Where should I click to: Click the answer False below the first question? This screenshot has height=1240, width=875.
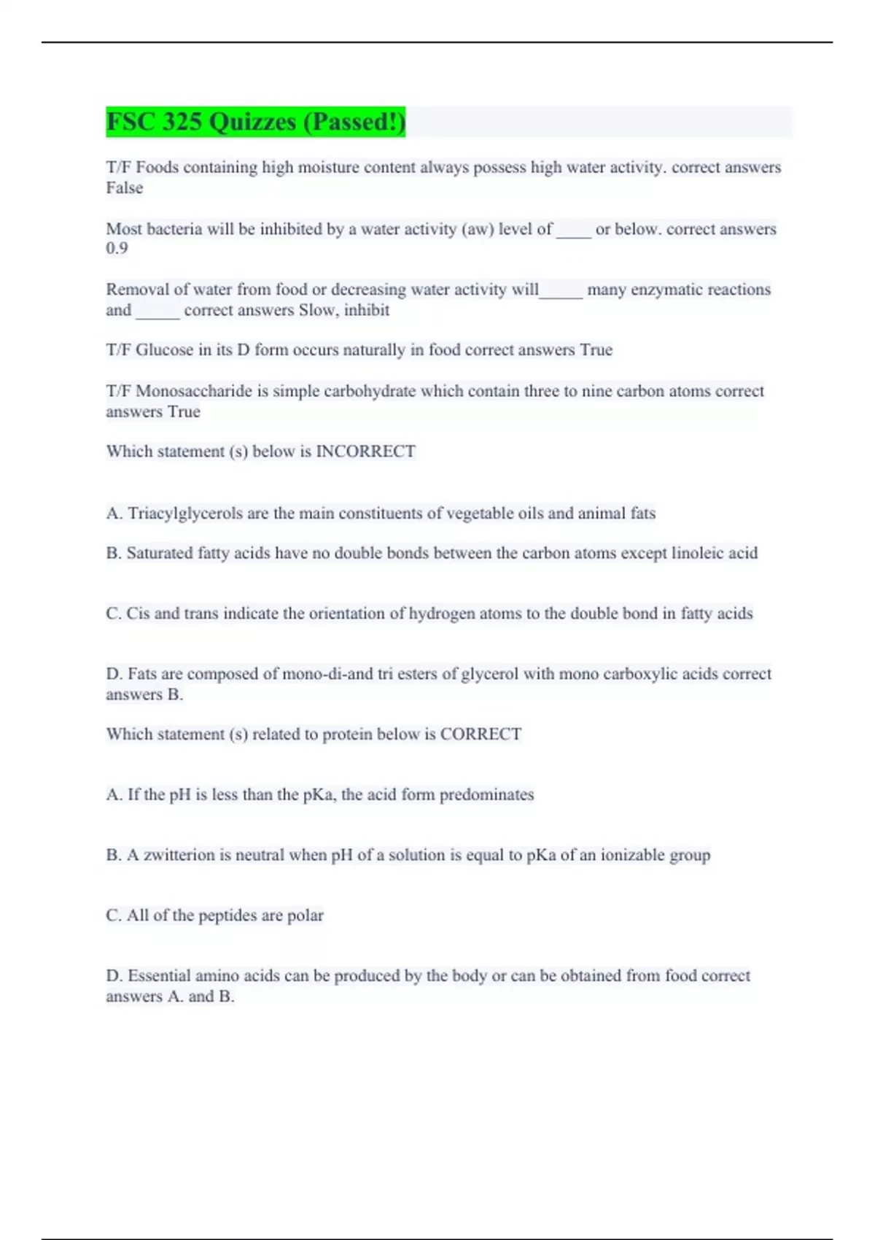(124, 188)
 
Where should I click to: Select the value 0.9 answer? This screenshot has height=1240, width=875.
(117, 248)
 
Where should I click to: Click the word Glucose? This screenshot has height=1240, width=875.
(165, 350)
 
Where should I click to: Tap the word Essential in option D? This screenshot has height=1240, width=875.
(159, 976)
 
